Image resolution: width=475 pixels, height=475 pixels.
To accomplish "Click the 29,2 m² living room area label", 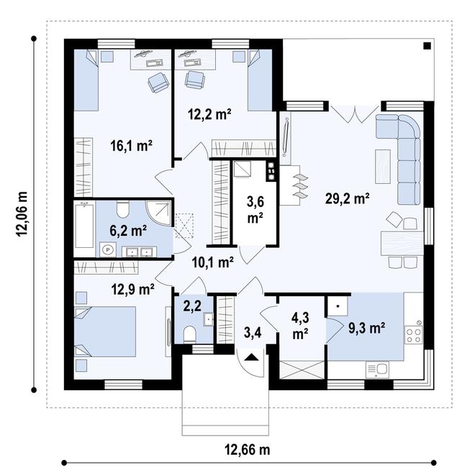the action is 347,199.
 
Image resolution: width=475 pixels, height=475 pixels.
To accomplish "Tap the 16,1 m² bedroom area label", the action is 131,146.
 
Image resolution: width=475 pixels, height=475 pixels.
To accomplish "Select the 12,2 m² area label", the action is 209,115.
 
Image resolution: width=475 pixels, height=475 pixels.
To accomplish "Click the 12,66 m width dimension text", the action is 247,450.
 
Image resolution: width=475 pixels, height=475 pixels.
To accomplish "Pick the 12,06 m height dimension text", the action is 22,214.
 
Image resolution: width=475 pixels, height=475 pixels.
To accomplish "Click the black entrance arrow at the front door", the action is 251,357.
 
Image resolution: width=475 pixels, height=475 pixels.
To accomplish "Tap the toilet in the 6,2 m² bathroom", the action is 123,210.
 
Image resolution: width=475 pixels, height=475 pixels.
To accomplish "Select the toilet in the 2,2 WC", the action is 190,334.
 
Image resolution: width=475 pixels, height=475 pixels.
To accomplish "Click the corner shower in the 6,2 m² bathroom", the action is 158,211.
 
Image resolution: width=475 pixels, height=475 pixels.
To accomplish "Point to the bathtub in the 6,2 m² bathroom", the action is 84,224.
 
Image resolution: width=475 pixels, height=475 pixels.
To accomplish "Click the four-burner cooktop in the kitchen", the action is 414,335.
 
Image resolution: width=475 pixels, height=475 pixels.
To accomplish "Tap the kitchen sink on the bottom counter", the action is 378,370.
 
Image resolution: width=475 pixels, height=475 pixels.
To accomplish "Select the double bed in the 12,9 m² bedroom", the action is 104,331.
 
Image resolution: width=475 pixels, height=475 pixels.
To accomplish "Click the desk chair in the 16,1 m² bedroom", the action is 158,83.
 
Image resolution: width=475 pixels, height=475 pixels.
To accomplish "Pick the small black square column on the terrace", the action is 427,46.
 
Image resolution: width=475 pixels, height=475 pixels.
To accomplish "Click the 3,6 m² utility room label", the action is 255,210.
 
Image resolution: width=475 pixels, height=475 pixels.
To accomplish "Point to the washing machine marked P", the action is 107,249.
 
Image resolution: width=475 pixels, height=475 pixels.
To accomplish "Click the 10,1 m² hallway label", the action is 212,262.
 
